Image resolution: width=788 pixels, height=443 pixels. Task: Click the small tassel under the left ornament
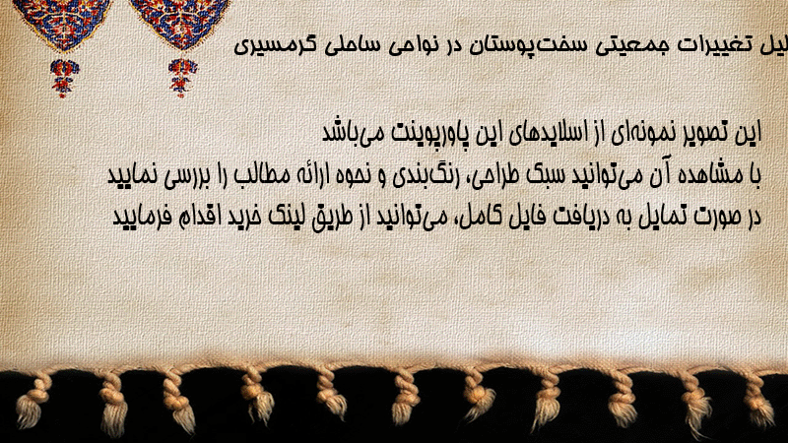coord(64,78)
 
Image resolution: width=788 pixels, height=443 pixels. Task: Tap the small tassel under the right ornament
coord(182,78)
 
